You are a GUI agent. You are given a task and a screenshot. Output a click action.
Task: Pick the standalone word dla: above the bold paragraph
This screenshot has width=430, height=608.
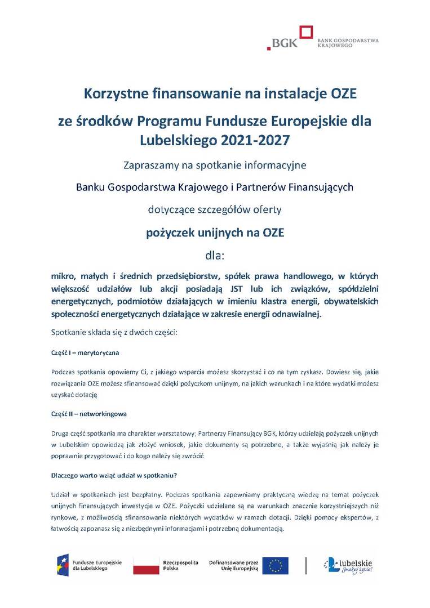click(x=215, y=256)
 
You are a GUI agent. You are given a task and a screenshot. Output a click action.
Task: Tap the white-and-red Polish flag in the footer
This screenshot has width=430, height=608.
click(x=145, y=565)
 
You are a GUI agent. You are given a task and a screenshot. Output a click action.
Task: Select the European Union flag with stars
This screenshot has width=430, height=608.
click(x=275, y=565)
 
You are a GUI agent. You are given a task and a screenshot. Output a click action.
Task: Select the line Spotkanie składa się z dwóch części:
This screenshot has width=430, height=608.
click(x=114, y=333)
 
